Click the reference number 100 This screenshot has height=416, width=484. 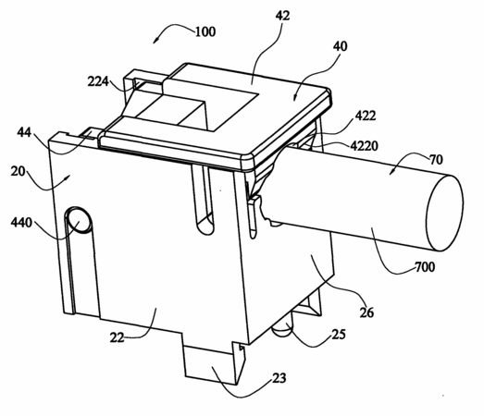coord(205,31)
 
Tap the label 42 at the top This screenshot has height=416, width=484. coord(282,16)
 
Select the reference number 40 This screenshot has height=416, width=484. coord(341,46)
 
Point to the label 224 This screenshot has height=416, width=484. coord(98,81)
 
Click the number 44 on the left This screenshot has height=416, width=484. coord(24,132)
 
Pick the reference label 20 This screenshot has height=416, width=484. coord(18,171)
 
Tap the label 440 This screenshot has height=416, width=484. coord(21,223)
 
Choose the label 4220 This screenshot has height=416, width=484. coord(365,146)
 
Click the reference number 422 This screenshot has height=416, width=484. coord(366,116)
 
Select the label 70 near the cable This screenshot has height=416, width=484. coord(436,160)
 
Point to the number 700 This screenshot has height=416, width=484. coord(425,267)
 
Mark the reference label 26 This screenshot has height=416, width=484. coord(366,312)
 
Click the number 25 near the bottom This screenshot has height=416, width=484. coord(339,335)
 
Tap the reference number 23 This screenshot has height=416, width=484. coord(279,378)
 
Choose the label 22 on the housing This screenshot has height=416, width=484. coord(117,338)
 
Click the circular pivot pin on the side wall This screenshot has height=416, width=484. coord(80,220)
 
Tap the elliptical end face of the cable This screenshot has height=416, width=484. coord(444,213)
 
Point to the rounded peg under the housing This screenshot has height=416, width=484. coord(281,329)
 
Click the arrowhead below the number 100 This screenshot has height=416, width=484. coord(156,40)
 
